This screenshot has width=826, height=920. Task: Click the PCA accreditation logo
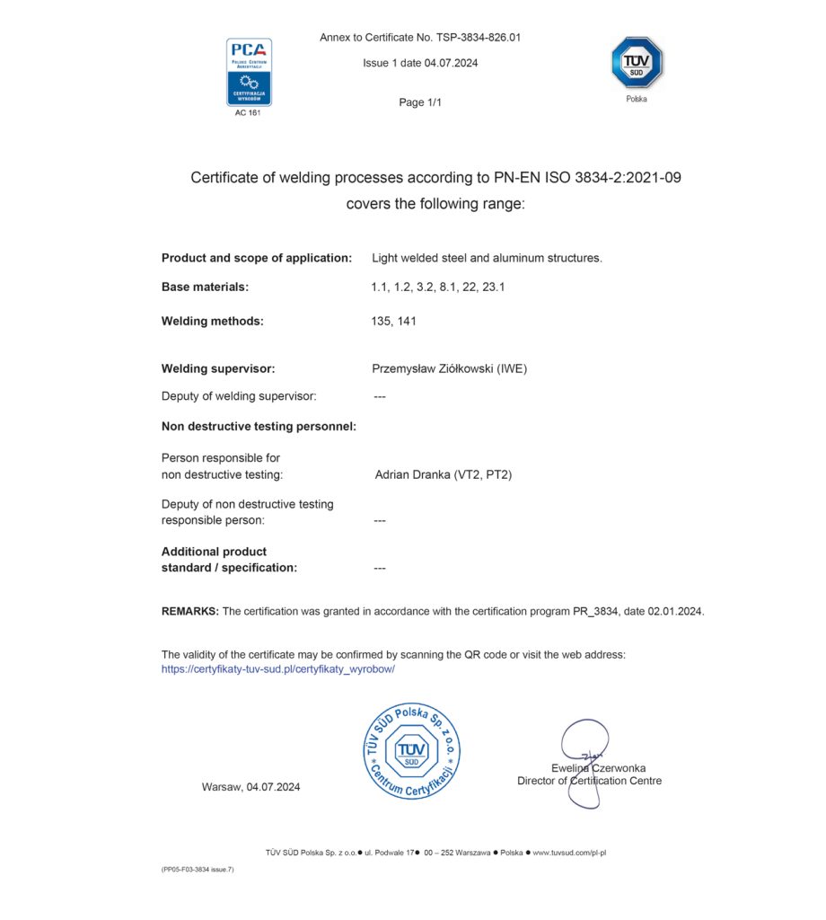pos(249,72)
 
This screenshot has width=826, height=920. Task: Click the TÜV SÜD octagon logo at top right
pos(636,63)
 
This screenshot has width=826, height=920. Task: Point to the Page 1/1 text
pos(420,102)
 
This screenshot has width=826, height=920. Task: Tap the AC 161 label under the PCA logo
pos(248,112)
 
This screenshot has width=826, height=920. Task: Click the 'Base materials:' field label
pos(205,287)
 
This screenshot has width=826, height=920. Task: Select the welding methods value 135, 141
pos(393,321)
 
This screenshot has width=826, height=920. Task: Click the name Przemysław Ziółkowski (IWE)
pos(449,368)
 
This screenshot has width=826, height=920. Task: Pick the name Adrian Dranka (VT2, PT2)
pos(443,474)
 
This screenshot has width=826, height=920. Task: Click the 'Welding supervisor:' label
pos(218,368)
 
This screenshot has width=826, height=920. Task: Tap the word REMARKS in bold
pos(189,611)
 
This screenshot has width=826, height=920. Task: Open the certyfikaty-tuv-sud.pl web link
pos(278,669)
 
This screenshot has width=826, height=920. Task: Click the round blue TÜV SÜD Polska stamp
pos(412,751)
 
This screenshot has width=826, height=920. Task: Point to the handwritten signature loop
pos(584,741)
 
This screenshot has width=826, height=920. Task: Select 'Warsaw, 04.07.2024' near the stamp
pos(250,787)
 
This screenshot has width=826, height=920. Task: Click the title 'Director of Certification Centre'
pos(589,781)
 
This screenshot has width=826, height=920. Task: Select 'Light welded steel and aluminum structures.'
pos(487,258)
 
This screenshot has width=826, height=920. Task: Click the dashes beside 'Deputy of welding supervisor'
pos(379,396)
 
